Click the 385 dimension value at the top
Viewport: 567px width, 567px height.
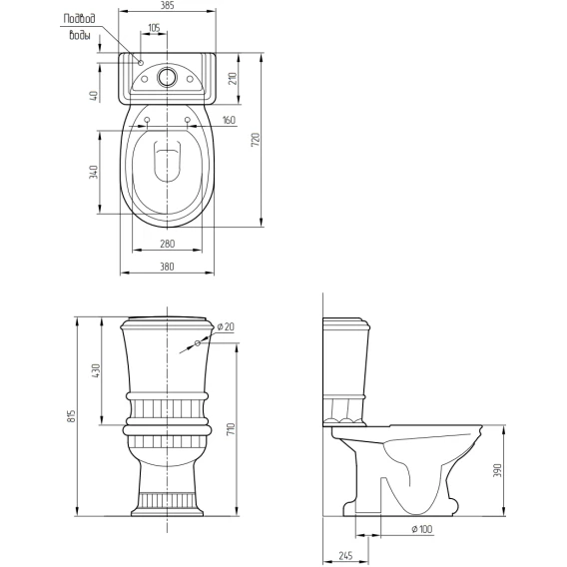tap(167, 5)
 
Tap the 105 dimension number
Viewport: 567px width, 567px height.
tap(154, 28)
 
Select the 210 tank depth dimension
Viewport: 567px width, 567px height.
tap(233, 79)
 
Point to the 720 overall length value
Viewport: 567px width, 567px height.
tap(256, 140)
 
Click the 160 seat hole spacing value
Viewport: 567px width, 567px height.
tap(229, 120)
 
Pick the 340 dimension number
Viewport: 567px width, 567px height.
tap(93, 172)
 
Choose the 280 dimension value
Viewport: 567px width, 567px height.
tap(167, 244)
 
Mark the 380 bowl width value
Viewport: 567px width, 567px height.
tap(167, 267)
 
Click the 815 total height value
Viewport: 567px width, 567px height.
tap(71, 416)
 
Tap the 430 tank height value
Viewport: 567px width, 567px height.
tap(96, 371)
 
